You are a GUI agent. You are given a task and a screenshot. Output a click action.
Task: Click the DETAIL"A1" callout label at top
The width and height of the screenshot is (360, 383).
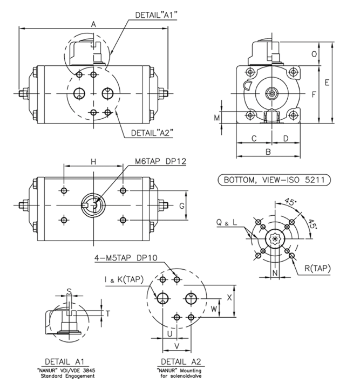pyautogui.click(x=156, y=15)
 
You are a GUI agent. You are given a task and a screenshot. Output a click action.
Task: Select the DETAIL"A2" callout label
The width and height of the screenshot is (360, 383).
pyautogui.click(x=152, y=133)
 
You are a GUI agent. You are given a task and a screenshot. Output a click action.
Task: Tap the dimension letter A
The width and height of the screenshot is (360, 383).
pyautogui.click(x=93, y=24)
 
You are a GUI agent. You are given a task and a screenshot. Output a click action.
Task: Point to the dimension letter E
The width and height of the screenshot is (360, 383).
pyautogui.click(x=327, y=83)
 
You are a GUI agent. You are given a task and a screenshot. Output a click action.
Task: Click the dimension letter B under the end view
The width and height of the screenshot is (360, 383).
pyautogui.click(x=268, y=152)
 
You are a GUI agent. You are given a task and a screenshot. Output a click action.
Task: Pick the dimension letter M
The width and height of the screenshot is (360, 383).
pyautogui.click(x=217, y=118)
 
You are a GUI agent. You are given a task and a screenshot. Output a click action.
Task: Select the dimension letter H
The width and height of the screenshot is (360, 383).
pyautogui.click(x=93, y=161)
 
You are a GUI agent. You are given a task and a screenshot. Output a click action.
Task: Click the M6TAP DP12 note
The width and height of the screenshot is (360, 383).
pyautogui.click(x=161, y=161)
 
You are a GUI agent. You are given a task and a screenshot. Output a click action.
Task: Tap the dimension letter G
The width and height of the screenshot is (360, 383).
pyautogui.click(x=182, y=206)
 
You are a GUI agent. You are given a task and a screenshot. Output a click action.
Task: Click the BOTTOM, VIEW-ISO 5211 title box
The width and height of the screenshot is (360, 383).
pyautogui.click(x=274, y=180)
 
